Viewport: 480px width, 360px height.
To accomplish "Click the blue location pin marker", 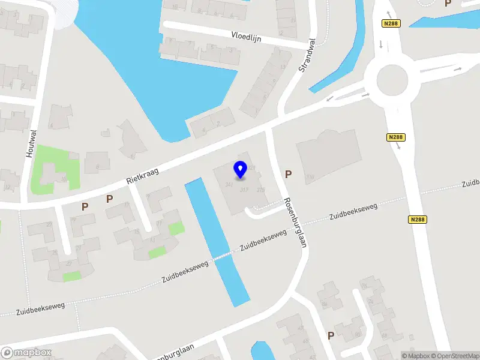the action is pos(240,170).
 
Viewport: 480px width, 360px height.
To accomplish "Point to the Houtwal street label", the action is pos(31,143).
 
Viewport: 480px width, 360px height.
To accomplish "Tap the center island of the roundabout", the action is pos(393,79).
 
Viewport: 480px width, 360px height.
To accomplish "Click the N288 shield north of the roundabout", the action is pos(391,23).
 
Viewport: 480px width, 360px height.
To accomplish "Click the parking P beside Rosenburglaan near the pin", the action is pos(289,175).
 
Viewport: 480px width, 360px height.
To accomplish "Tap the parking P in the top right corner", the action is pos(448,4).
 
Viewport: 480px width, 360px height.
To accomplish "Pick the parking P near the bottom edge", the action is pos(331,335).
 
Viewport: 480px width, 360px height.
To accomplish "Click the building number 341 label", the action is pos(229,184).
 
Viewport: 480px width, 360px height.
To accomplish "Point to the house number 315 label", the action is pos(260,190).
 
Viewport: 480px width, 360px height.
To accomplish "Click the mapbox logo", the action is pos(26,353).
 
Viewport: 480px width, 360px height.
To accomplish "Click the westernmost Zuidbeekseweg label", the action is pos(40,310).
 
